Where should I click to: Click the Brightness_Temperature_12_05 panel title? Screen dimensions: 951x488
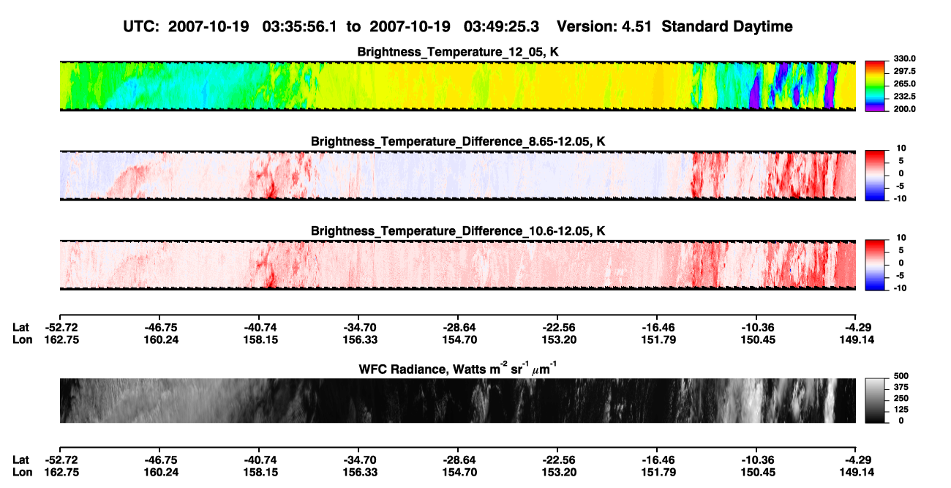point(458,52)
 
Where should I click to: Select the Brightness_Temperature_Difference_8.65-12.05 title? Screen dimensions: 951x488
point(458,141)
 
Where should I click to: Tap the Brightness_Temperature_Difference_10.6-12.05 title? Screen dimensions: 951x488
point(458,231)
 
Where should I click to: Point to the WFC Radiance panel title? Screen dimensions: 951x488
point(458,368)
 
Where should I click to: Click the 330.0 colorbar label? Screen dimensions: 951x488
point(904,59)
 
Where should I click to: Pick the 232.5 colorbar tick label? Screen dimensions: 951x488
point(904,97)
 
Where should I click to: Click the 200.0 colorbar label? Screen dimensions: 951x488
point(904,109)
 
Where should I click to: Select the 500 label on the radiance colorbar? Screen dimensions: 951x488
point(901,376)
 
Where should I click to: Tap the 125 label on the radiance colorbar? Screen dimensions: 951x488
point(901,410)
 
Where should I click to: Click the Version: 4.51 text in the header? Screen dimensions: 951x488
point(604,26)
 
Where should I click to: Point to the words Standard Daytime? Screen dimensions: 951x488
point(727,26)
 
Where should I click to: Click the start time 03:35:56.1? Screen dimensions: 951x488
point(299,26)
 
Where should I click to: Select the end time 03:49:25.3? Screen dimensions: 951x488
point(501,26)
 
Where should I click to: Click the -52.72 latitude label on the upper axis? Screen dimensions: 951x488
point(61,328)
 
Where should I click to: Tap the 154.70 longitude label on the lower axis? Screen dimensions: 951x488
point(459,473)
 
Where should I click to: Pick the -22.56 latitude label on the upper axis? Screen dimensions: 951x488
point(559,328)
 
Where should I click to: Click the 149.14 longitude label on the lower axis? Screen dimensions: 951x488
point(857,473)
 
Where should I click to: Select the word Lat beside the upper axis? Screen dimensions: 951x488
point(20,328)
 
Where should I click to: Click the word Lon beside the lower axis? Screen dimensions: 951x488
point(23,473)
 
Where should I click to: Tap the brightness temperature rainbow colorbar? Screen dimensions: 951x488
point(875,86)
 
